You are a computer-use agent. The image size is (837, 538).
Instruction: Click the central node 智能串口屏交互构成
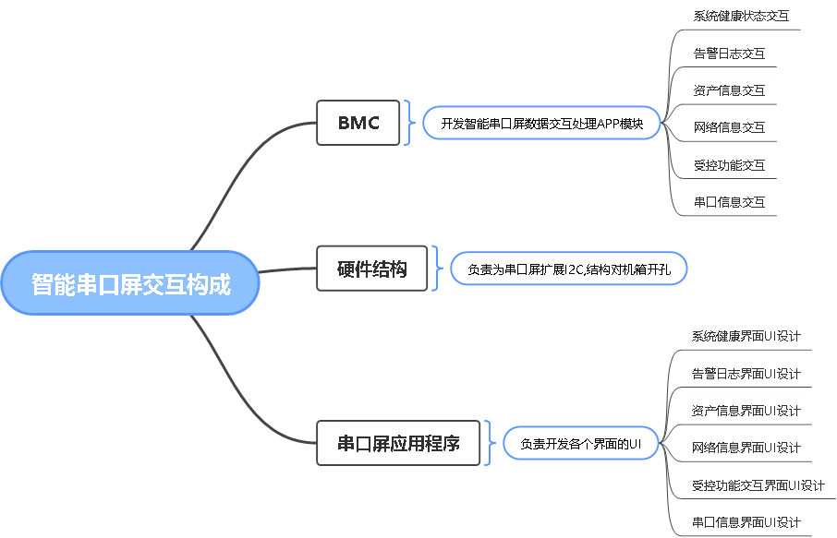click(130, 283)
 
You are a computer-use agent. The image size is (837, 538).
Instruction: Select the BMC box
click(358, 123)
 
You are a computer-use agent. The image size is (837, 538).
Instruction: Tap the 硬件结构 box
click(371, 269)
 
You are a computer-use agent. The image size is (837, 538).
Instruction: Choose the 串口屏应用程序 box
click(398, 443)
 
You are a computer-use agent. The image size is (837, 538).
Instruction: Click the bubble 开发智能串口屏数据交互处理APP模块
click(541, 123)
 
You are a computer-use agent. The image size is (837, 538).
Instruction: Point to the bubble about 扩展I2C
click(568, 269)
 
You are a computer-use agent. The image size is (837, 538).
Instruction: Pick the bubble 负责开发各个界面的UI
click(580, 444)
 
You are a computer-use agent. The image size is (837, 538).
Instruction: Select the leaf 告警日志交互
click(729, 53)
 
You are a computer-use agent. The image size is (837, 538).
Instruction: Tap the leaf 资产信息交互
click(729, 90)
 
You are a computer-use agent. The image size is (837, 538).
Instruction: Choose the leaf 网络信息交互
click(729, 126)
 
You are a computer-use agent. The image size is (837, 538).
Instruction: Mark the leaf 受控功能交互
click(729, 164)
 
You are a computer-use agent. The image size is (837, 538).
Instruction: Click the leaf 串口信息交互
click(729, 201)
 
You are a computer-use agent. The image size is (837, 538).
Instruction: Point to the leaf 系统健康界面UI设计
click(746, 336)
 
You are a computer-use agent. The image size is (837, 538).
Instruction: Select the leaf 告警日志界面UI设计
click(746, 374)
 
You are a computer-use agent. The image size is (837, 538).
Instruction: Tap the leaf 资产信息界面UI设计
click(746, 411)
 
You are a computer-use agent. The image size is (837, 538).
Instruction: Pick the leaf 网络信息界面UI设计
click(746, 448)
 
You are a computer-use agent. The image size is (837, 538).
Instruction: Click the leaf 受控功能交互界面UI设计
click(758, 484)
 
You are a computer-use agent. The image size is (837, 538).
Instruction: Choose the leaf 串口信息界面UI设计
click(746, 522)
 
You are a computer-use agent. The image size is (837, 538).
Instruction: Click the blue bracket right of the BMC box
click(409, 123)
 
